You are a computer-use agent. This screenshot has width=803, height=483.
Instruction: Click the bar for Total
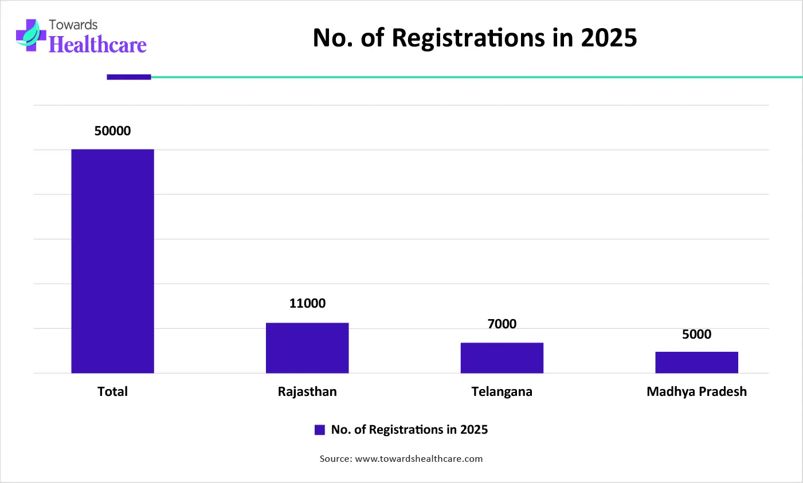[x=112, y=261]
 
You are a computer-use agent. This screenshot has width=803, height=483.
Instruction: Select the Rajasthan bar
[x=307, y=348]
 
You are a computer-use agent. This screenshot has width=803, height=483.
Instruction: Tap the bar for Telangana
[x=502, y=358]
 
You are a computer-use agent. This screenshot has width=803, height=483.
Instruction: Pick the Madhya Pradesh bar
[x=696, y=362]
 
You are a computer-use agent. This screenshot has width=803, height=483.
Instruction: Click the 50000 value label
[x=112, y=131]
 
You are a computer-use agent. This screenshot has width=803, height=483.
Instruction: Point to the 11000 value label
[x=307, y=304]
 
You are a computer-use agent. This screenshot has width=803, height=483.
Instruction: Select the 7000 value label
[x=502, y=324]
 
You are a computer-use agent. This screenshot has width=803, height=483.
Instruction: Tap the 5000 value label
[x=696, y=335]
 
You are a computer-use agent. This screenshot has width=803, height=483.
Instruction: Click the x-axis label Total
[x=112, y=392]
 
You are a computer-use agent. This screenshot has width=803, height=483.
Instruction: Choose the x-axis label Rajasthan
[x=307, y=392]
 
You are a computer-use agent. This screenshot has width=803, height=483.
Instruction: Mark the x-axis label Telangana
[x=502, y=392]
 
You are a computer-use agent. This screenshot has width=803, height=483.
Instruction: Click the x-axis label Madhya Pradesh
[x=696, y=392]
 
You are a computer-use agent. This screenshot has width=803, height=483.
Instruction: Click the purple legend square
[x=320, y=430]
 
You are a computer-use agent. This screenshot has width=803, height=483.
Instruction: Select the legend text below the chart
[x=409, y=430]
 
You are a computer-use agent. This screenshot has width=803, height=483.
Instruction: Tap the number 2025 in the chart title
[x=609, y=38]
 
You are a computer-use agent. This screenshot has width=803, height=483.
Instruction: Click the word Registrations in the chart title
[x=468, y=38]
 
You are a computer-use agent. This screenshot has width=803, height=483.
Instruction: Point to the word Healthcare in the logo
[x=97, y=44]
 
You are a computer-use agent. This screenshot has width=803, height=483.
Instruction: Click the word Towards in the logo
[x=73, y=25]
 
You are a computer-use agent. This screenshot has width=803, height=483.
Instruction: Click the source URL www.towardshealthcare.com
[x=419, y=459]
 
